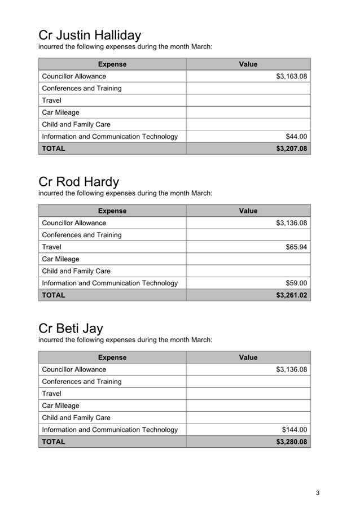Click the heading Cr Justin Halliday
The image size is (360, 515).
90,35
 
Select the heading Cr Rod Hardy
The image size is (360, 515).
79,182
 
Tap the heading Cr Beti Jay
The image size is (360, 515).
71,328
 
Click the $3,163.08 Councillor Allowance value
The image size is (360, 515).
291,76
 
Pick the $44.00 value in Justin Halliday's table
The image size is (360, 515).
296,137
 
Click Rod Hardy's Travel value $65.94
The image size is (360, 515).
296,247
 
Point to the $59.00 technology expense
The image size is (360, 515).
296,283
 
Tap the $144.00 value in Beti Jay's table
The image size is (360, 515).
295,430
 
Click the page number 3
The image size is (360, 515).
318,493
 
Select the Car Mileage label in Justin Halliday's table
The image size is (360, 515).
60,112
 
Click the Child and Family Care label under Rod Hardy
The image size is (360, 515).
76,271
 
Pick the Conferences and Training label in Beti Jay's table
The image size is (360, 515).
82,382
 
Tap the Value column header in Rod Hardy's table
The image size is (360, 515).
248,211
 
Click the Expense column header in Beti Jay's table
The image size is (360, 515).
112,357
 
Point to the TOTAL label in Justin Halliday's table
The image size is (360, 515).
54,149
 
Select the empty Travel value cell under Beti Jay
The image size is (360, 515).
248,394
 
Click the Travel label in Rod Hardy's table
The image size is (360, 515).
52,247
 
